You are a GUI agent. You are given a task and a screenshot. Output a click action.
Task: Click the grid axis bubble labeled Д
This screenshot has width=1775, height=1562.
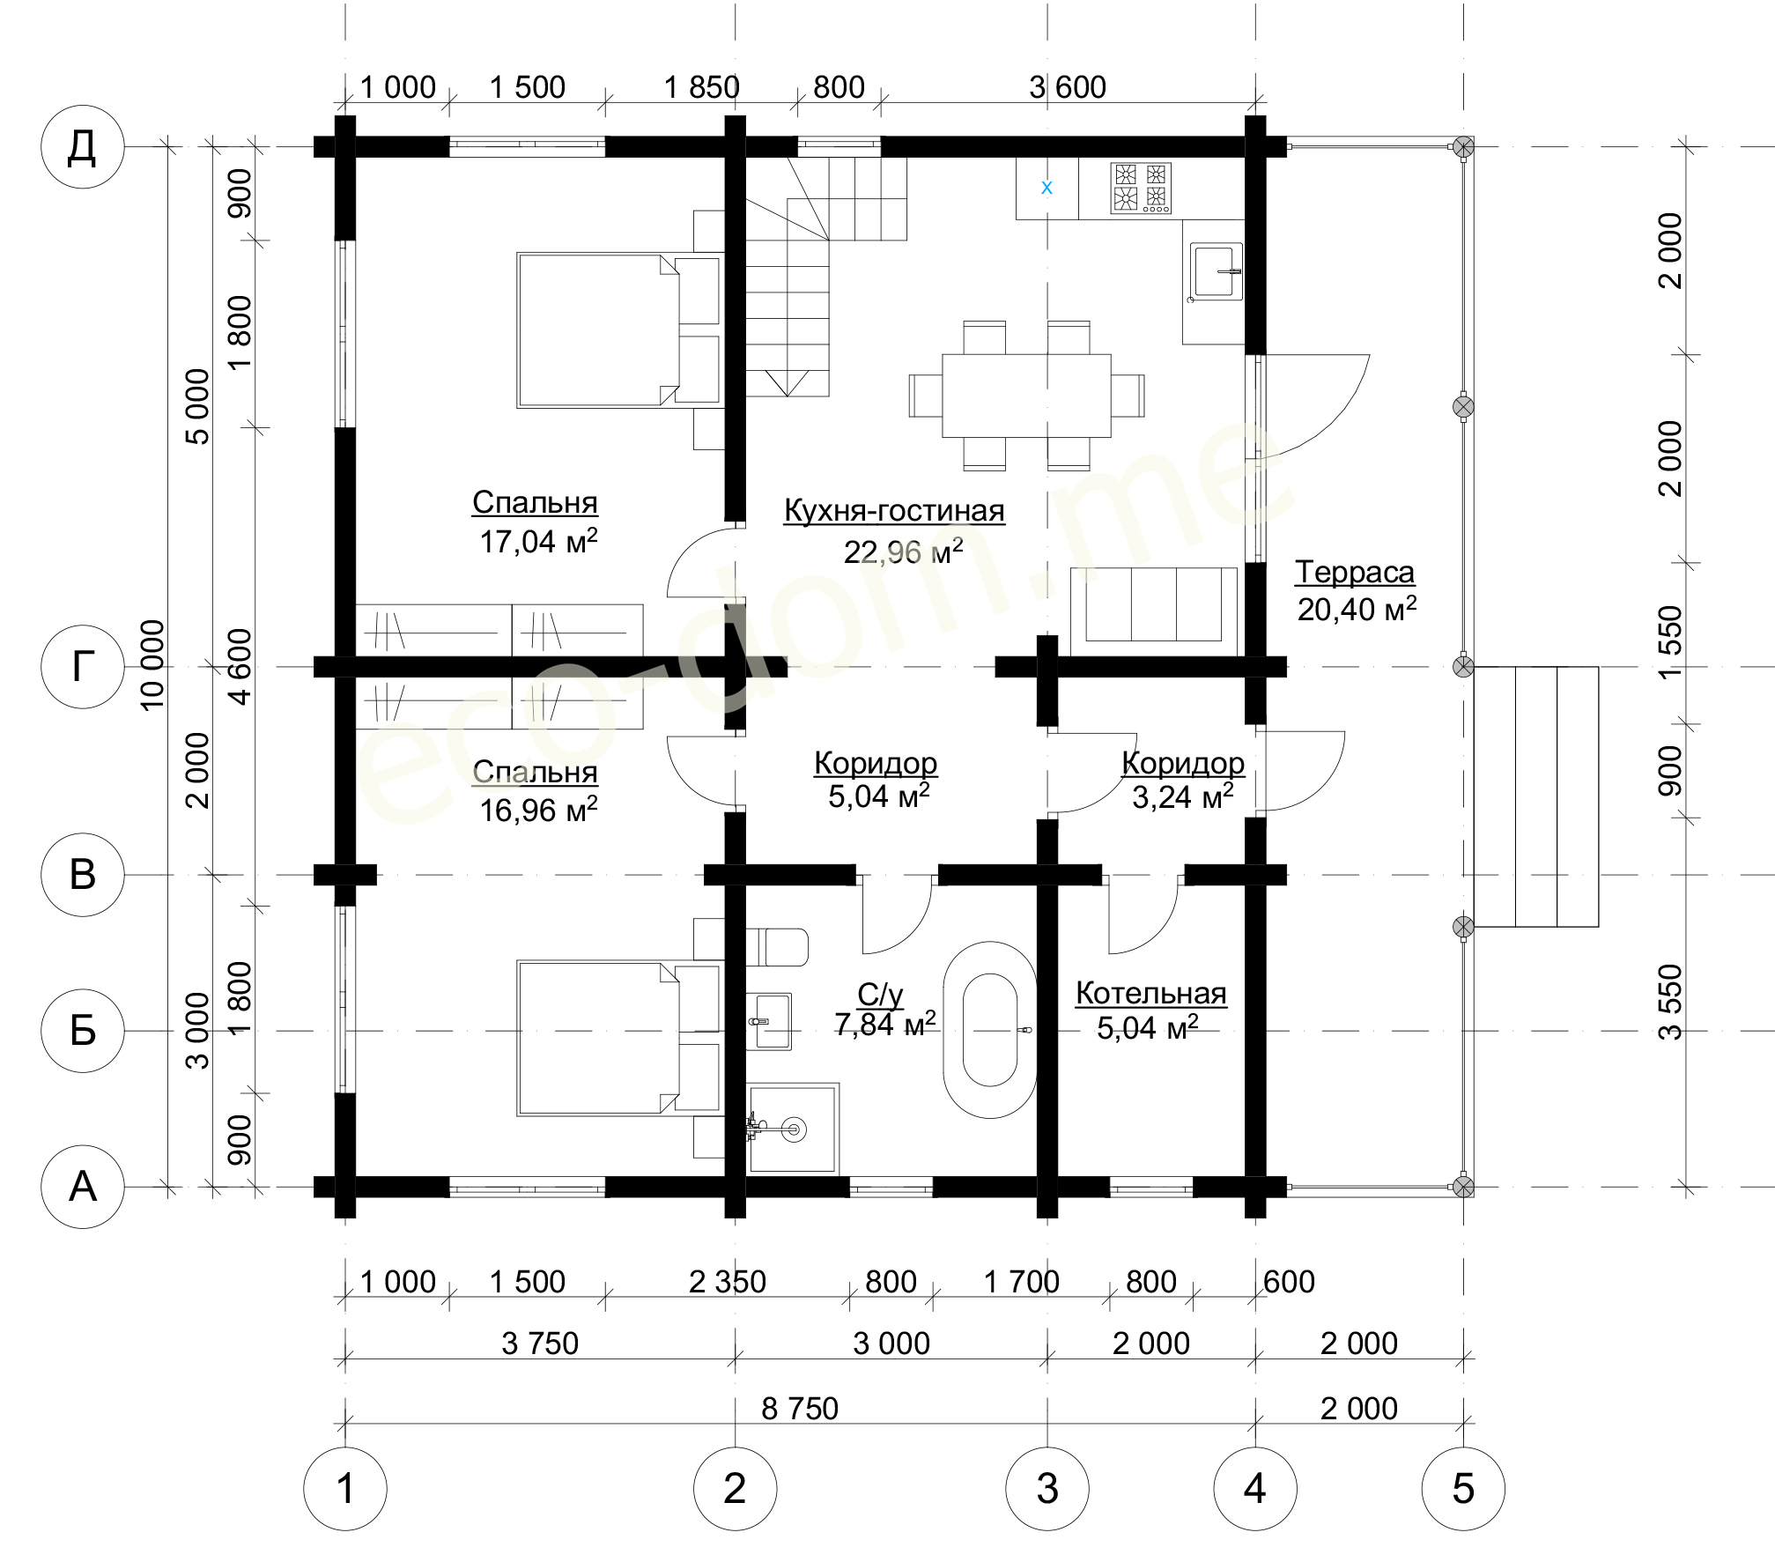[82, 147]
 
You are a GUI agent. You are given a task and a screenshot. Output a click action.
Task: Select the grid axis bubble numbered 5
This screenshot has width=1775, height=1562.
[1462, 1488]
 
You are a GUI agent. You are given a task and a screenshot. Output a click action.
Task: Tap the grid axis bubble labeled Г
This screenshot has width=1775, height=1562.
[82, 667]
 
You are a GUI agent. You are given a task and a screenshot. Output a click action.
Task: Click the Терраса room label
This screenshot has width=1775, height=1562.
[1355, 573]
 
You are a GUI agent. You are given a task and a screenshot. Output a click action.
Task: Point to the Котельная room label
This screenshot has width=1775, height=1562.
[1150, 994]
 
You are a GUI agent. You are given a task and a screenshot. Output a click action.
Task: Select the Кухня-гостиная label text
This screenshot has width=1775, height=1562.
[894, 511]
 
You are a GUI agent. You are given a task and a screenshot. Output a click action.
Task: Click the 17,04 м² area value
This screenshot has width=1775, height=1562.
[538, 541]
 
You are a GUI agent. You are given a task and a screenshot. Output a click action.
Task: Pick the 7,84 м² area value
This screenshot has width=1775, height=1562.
[884, 1024]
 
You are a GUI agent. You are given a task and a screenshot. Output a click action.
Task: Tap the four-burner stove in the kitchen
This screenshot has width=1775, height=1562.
[1141, 187]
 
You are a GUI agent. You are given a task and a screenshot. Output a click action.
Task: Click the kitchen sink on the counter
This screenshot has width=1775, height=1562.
[1217, 271]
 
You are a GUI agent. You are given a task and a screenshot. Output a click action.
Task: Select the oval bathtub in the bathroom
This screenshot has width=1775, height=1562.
[990, 1030]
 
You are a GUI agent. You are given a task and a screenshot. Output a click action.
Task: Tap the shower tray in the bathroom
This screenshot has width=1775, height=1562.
[793, 1129]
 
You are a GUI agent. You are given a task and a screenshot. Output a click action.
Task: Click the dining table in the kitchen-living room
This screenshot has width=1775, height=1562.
[1026, 396]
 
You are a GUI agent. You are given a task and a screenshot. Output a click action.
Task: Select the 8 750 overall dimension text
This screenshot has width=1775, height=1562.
[800, 1409]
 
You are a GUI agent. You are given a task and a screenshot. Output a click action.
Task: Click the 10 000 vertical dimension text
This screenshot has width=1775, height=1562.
[152, 664]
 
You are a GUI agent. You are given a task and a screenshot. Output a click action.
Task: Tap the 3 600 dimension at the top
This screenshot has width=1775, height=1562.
[1068, 87]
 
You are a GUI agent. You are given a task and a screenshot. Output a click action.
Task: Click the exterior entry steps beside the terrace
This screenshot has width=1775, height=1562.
[1536, 796]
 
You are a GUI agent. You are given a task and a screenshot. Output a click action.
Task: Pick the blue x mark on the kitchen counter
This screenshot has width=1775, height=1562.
[1047, 187]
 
